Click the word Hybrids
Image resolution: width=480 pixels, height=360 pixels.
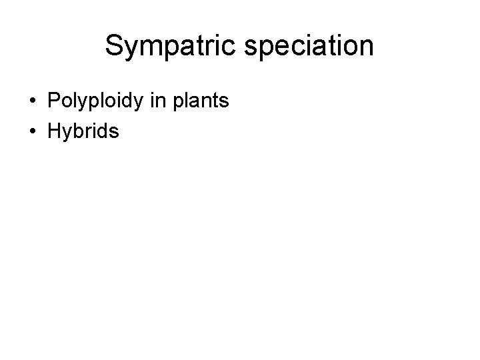pos(83,131)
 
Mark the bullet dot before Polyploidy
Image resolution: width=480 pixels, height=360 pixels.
pos(32,102)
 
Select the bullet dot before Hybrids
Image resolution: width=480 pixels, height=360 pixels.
pos(32,132)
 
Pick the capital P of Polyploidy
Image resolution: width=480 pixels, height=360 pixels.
pos(54,101)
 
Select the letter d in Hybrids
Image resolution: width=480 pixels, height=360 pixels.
pos(103,131)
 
